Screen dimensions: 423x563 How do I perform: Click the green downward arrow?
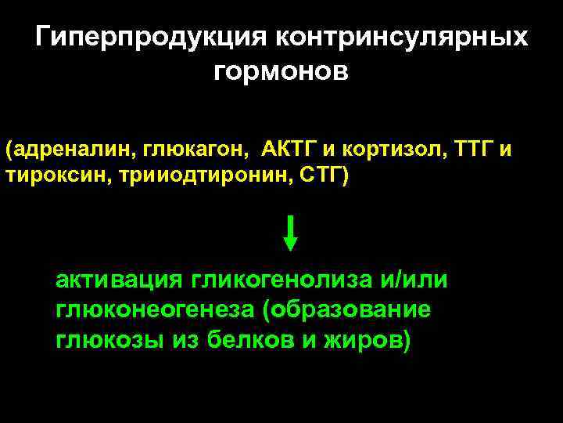(290, 233)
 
